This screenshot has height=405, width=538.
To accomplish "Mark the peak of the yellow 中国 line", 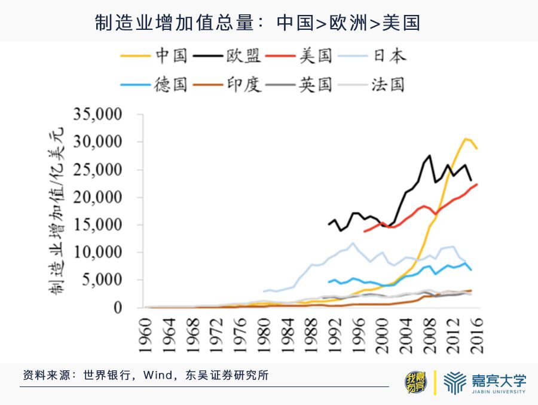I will click(x=464, y=139).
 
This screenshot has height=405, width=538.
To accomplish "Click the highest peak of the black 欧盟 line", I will click(x=429, y=155).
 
